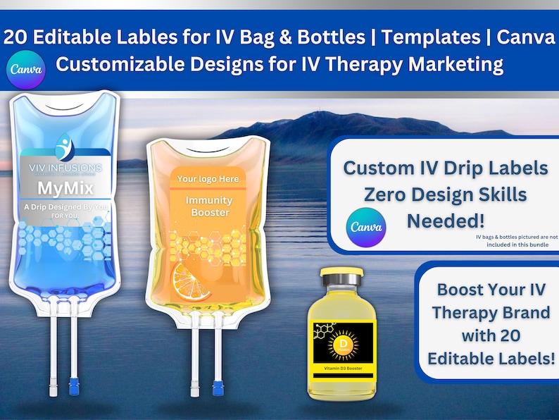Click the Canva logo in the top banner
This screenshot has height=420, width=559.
[x=26, y=70]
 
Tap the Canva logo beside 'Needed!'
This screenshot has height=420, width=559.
[x=365, y=227]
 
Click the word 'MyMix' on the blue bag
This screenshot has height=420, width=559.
[x=65, y=188]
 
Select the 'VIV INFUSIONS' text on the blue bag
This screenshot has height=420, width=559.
[x=65, y=168]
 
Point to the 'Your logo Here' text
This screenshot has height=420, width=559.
[x=208, y=179]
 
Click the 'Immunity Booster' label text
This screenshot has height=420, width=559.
[x=208, y=206]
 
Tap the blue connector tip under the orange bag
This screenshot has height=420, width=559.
[x=217, y=388]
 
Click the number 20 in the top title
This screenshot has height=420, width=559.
[x=16, y=37]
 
